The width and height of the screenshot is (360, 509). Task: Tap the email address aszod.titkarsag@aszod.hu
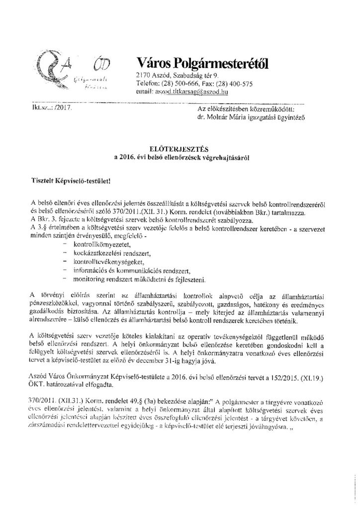192,92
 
